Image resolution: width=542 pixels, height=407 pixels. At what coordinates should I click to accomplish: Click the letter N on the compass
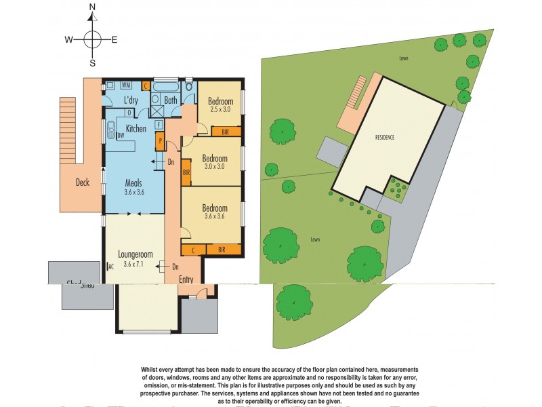pos(93,10)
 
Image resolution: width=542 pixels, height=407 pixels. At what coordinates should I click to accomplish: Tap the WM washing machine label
pos(126,85)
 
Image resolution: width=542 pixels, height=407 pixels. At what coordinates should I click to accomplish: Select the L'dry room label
pos(131,101)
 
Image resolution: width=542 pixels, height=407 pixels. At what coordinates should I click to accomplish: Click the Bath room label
pos(170,101)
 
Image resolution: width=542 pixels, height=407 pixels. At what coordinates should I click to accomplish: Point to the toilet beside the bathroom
pos(189,86)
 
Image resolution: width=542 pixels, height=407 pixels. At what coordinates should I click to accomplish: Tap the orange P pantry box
pos(160,140)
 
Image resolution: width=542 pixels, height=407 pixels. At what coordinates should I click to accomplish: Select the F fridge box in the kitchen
pos(158,124)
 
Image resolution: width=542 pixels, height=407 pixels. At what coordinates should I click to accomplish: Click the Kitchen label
pos(135,129)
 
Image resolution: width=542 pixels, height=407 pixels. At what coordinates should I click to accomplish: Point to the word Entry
pos(186,279)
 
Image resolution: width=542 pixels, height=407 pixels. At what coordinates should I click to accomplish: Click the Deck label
pos(83,182)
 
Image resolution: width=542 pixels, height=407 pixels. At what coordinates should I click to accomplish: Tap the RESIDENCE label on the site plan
pos(384,137)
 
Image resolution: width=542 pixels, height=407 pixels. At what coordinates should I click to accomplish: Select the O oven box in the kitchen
pos(129,113)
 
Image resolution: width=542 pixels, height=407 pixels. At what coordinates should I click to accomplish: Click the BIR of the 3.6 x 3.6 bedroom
pos(221,250)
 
